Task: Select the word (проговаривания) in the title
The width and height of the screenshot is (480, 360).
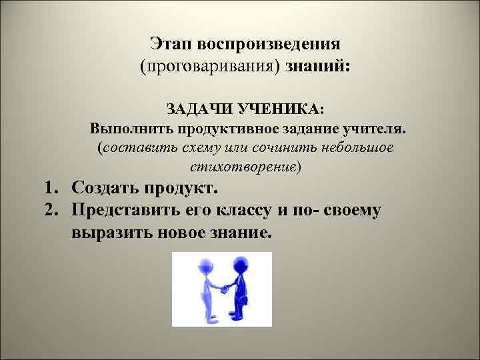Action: point(210,67)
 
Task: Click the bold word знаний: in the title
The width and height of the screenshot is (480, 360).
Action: point(318,67)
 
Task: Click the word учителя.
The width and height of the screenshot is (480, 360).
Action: point(370,127)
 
